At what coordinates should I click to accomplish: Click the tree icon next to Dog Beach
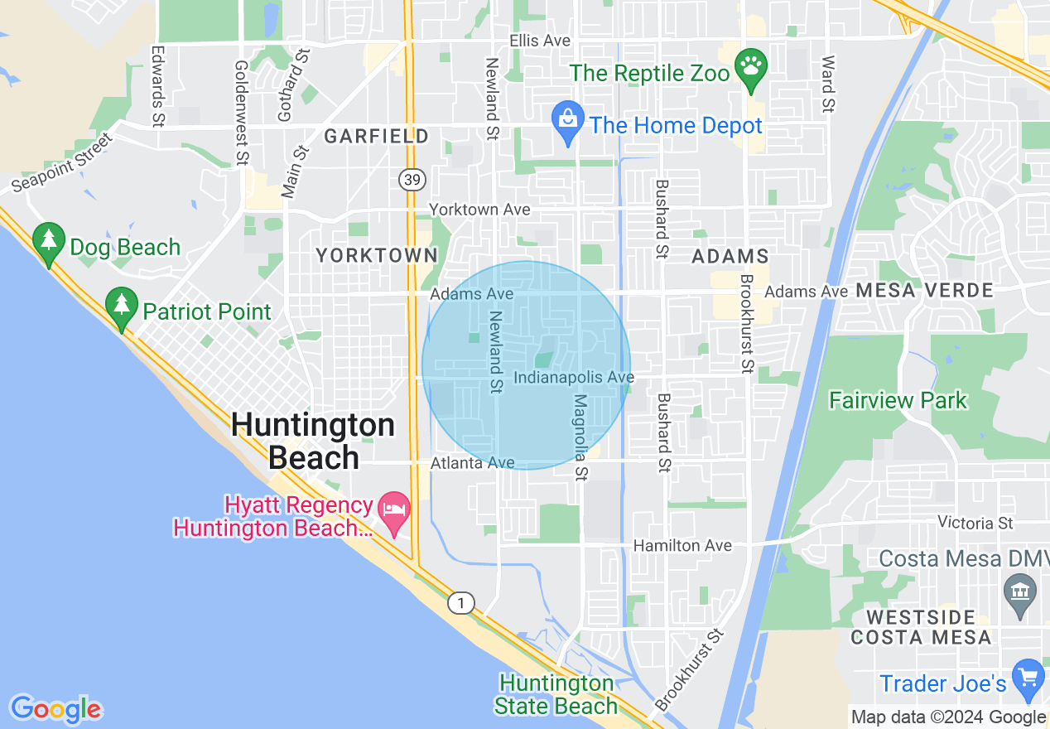(49, 241)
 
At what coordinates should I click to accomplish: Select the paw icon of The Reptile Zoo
(751, 65)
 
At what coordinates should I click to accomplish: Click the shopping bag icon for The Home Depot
(568, 119)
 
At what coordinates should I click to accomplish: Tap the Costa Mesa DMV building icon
(1020, 592)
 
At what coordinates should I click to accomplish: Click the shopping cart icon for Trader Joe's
(1028, 677)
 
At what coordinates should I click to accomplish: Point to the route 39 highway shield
(409, 179)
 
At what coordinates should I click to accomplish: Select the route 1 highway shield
(461, 603)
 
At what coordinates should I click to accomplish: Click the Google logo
(55, 709)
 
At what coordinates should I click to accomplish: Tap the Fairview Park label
(898, 401)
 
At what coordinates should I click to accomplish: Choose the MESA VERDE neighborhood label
(924, 291)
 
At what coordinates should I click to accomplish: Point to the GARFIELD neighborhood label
(376, 137)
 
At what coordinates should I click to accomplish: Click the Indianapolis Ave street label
(574, 378)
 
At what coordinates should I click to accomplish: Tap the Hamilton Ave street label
(682, 545)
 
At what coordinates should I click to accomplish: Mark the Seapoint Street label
(61, 162)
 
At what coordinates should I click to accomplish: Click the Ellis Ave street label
(540, 41)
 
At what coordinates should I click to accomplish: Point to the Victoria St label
(975, 523)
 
